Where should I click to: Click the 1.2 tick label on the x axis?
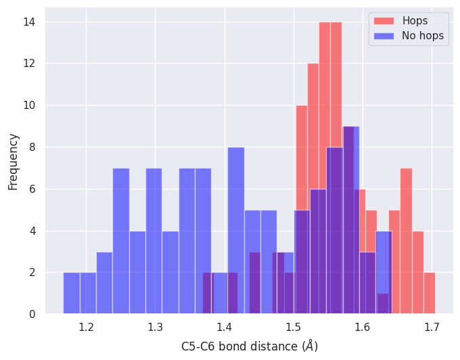click(x=86, y=328)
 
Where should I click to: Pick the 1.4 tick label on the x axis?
click(x=224, y=328)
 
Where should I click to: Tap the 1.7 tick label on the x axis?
click(x=431, y=328)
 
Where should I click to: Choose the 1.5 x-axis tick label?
click(x=293, y=328)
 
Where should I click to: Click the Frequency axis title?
click(x=13, y=161)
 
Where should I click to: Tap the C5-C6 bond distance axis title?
click(x=250, y=346)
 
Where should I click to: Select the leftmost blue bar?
click(x=72, y=293)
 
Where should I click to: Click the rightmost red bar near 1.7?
click(x=429, y=293)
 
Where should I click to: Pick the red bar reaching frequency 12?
click(x=313, y=135)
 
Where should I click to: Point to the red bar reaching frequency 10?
click(x=302, y=156)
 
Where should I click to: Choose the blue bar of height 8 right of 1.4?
click(x=236, y=230)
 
